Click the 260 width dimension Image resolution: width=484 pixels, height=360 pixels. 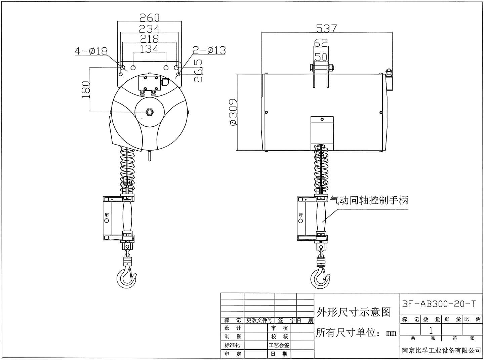[x=149, y=17]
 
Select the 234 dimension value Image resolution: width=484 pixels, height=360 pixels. [x=149, y=29]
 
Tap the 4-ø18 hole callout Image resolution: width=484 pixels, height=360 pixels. [x=91, y=51]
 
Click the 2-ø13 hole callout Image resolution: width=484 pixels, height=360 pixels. [x=209, y=50]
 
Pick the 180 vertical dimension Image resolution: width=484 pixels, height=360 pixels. [x=86, y=89]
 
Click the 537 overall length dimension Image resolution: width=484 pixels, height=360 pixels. [x=326, y=29]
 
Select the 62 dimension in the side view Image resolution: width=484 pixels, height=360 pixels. [x=321, y=43]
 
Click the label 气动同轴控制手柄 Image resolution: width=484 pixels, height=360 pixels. [x=369, y=201]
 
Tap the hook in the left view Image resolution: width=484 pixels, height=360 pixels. [x=126, y=277]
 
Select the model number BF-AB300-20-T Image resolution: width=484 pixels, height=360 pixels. [x=439, y=304]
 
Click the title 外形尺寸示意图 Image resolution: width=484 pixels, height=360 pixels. [x=354, y=312]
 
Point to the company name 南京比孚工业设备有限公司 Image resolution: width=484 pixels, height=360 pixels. [x=441, y=351]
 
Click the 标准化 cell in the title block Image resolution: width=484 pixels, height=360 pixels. [x=232, y=345]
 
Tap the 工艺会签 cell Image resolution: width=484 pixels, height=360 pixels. [x=279, y=345]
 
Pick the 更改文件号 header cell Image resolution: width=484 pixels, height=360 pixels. [x=259, y=320]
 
